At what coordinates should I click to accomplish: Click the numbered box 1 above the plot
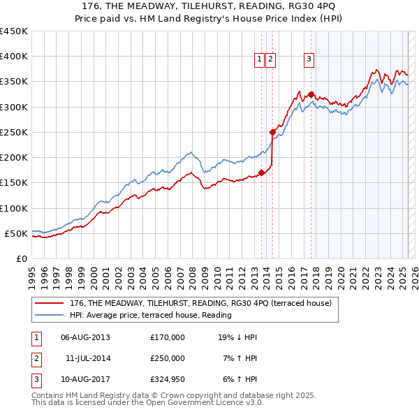[259, 59]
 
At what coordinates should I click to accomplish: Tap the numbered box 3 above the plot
[309, 59]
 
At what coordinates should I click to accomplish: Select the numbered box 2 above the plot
[270, 59]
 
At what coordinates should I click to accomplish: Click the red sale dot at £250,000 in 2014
[273, 132]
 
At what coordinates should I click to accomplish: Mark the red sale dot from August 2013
[261, 172]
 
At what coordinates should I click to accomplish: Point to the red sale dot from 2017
[311, 94]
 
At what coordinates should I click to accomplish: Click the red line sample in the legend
[49, 303]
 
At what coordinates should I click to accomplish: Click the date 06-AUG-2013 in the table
[86, 337]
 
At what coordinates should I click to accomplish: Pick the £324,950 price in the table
[168, 379]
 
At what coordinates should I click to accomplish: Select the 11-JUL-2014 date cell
[87, 358]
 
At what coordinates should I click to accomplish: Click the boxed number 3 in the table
[34, 379]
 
